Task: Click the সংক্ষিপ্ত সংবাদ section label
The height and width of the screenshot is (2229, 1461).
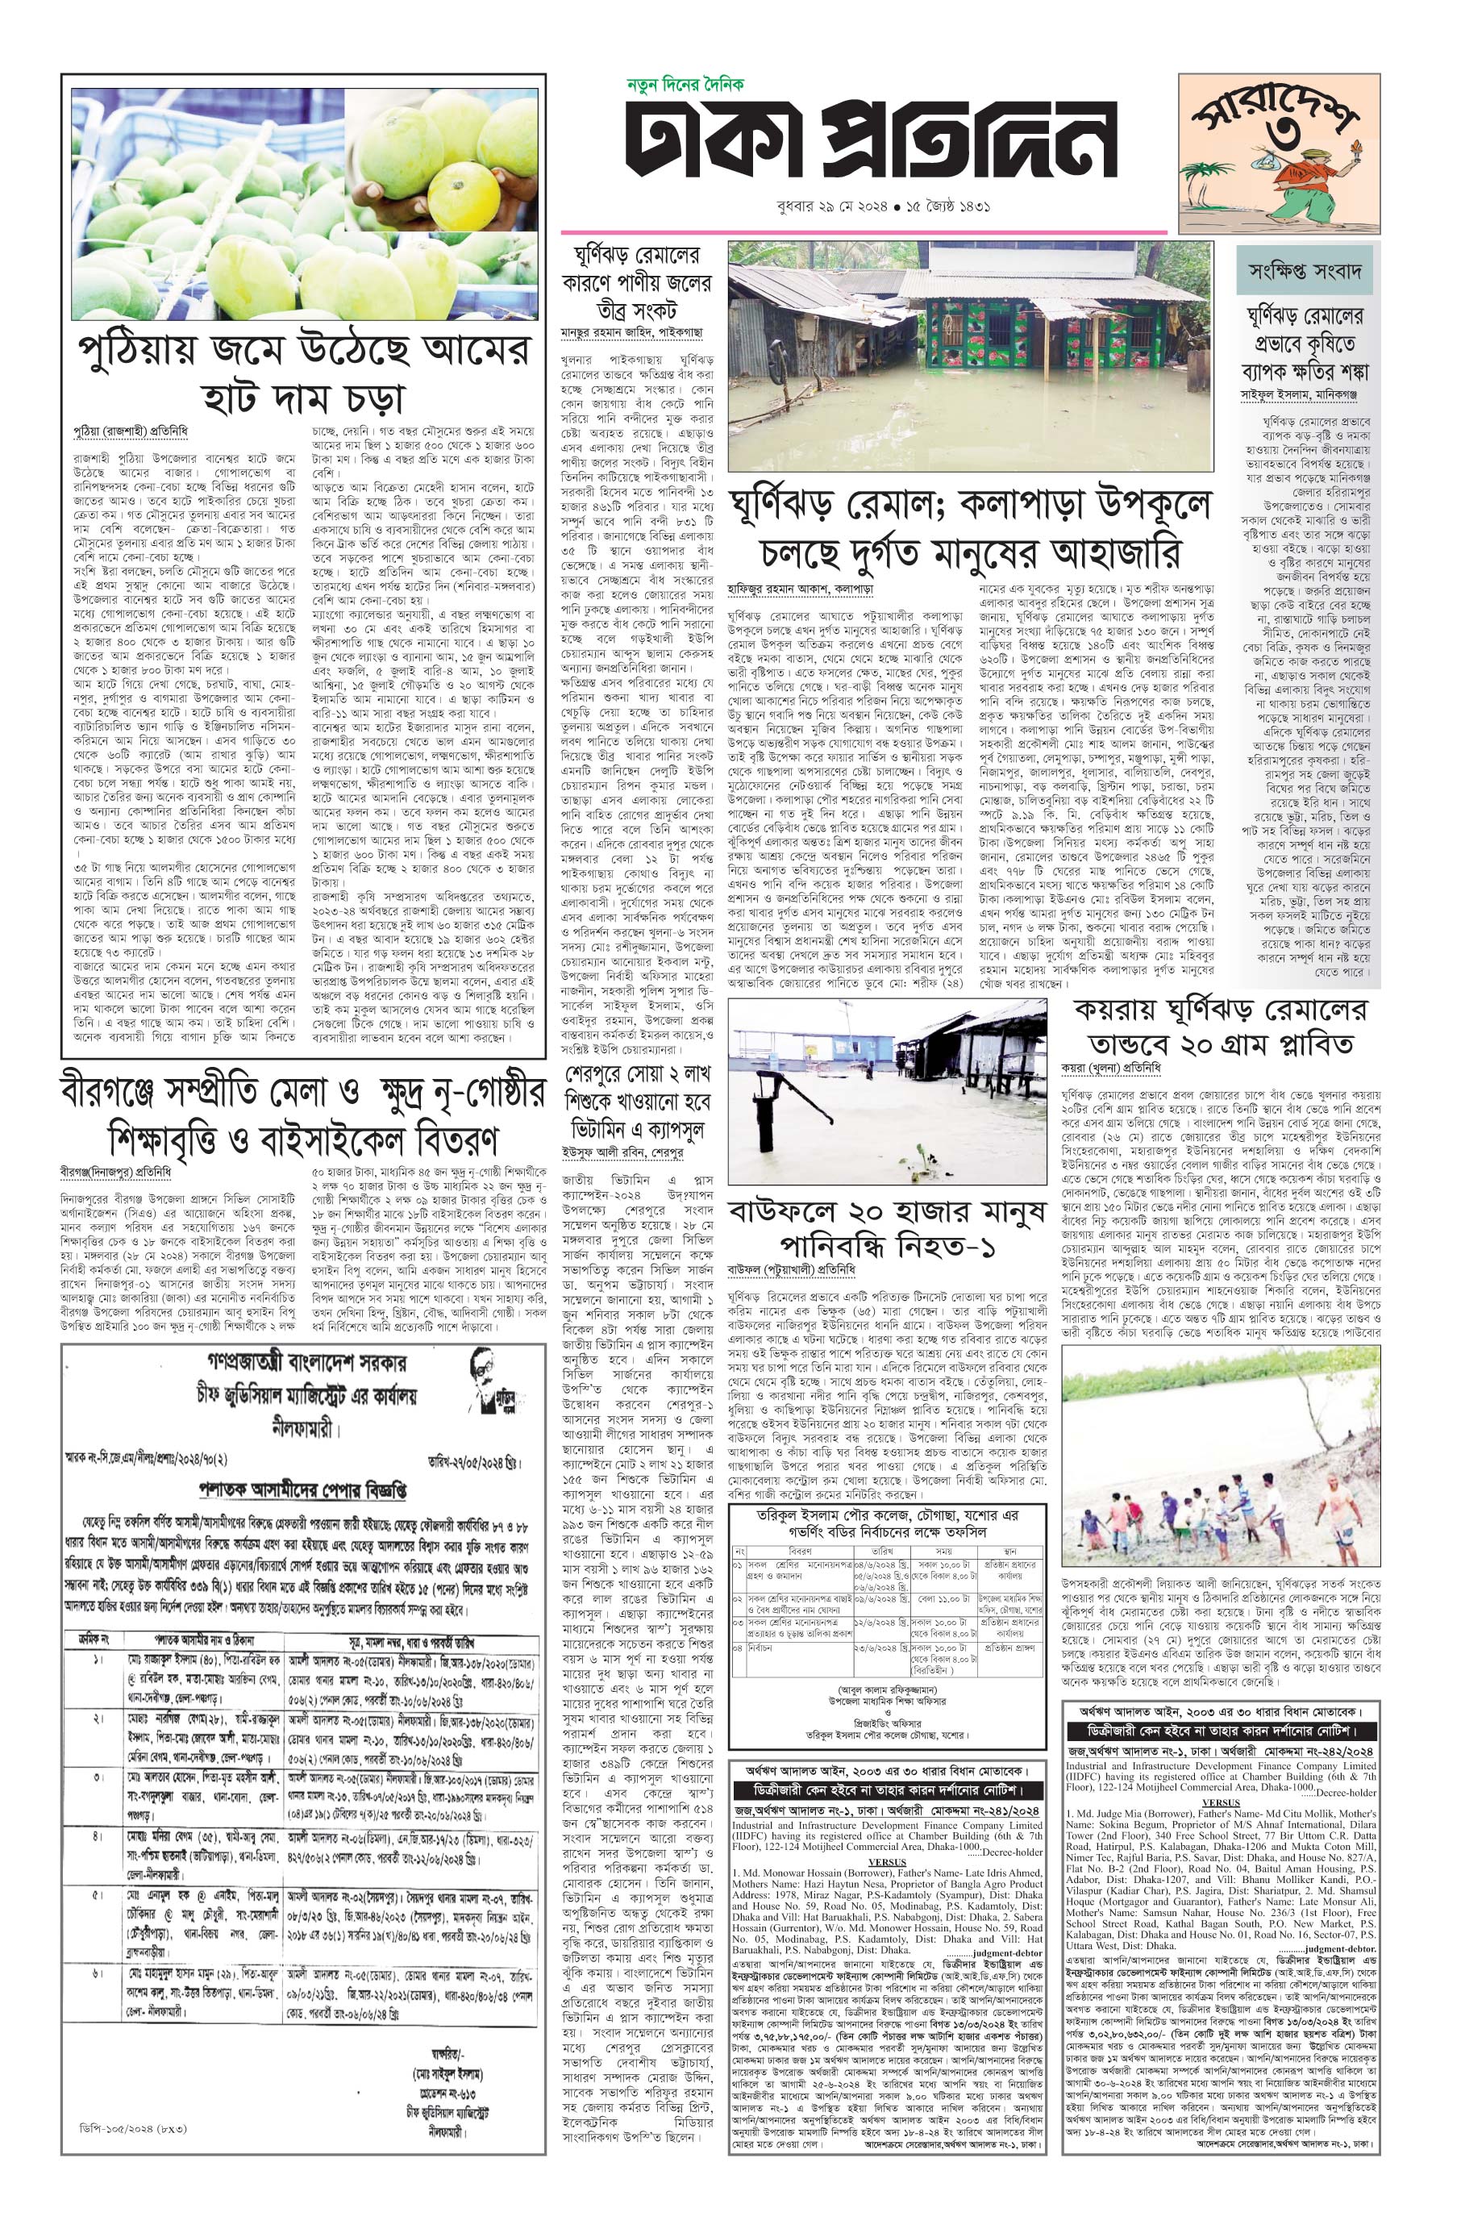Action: pyautogui.click(x=1309, y=272)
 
